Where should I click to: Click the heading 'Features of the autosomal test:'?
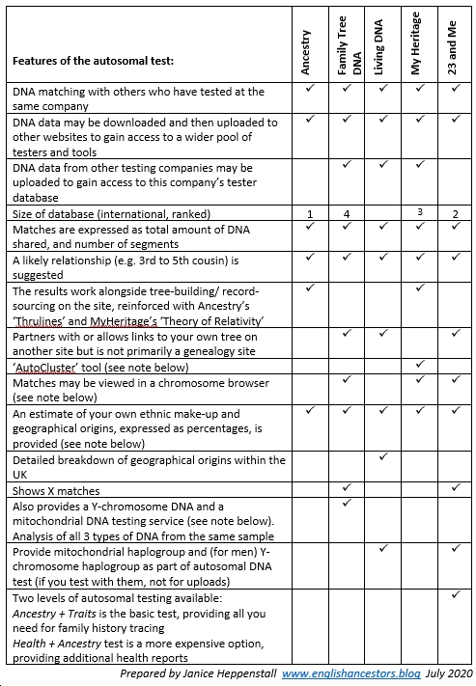[93, 61]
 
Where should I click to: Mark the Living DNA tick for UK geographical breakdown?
[382, 455]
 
